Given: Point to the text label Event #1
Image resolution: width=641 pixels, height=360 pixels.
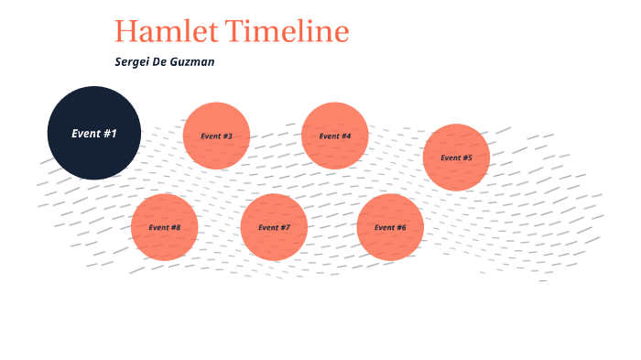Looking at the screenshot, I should point(94,134).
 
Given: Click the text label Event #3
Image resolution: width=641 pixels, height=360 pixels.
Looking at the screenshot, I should point(217,136).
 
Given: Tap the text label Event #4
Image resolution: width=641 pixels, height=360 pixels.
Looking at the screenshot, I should point(335,136).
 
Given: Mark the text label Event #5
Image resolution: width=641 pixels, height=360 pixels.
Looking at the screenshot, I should point(456,158).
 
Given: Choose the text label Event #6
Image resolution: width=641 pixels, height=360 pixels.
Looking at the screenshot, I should point(390,227).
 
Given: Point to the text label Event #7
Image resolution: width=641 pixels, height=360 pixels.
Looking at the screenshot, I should point(274,227).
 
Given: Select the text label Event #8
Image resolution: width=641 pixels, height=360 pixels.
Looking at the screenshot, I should point(165,227).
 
